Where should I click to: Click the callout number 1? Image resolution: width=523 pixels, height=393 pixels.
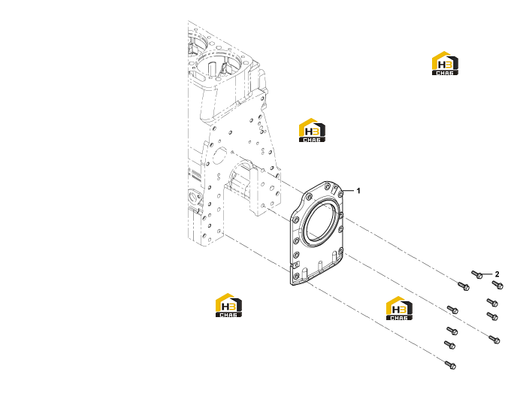click(358, 191)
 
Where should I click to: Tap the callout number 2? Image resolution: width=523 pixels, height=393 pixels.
click(497, 274)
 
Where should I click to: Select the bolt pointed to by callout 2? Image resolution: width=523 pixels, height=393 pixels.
click(477, 275)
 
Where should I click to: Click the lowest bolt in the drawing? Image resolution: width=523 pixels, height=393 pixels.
click(450, 364)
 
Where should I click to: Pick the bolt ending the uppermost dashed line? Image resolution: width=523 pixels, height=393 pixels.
click(464, 286)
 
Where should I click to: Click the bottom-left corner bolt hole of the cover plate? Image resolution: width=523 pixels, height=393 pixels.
click(296, 277)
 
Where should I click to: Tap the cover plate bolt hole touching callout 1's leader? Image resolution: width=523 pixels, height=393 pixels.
click(340, 194)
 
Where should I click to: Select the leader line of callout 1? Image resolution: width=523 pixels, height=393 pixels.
click(348, 191)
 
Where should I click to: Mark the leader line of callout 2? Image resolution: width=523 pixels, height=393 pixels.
click(488, 274)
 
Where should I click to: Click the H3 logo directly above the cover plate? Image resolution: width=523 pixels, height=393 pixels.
click(312, 130)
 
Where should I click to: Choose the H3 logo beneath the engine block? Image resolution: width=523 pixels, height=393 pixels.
click(228, 305)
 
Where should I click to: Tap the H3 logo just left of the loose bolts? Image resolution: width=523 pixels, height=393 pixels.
click(399, 308)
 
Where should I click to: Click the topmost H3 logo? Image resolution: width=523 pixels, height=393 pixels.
click(445, 63)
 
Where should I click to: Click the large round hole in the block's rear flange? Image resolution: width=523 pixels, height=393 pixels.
click(220, 156)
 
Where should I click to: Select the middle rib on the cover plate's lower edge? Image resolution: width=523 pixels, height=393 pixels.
click(321, 266)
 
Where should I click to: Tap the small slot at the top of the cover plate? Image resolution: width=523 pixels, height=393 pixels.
click(334, 189)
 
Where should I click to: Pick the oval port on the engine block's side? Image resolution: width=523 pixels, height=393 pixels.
click(193, 195)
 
